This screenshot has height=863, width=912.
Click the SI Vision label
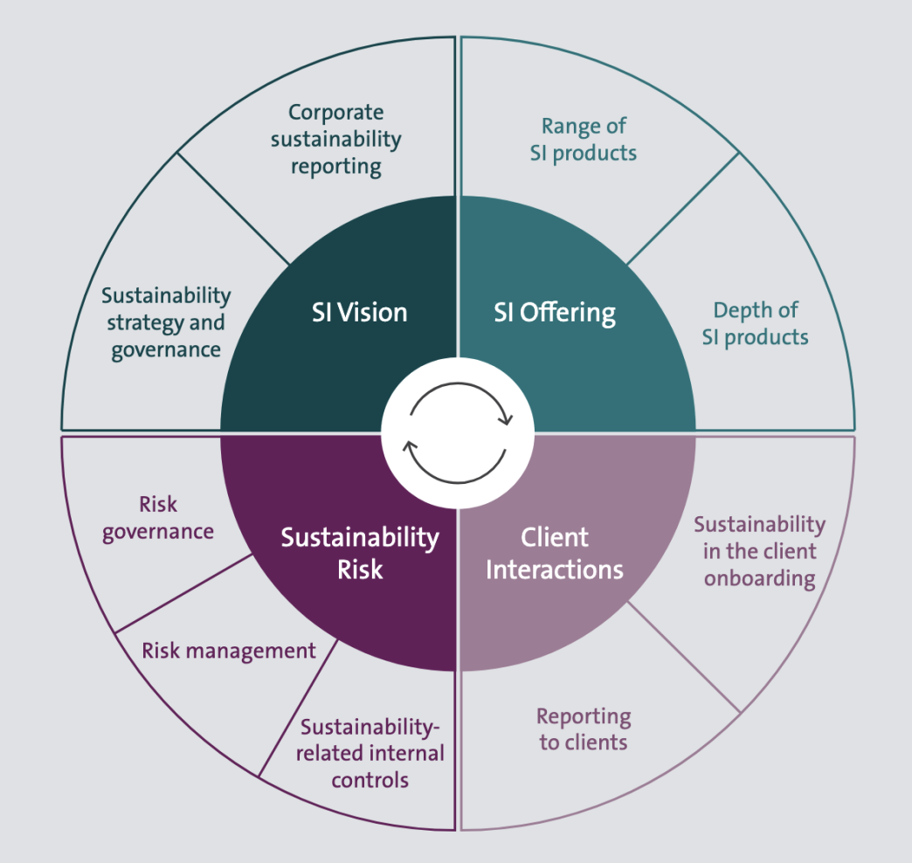click(359, 312)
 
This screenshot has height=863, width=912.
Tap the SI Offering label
click(555, 312)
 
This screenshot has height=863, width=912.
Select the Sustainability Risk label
click(359, 553)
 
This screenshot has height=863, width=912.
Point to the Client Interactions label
click(555, 553)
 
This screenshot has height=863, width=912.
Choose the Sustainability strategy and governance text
click(166, 322)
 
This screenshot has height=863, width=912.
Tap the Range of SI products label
click(584, 140)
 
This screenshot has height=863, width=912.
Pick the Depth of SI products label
click(756, 323)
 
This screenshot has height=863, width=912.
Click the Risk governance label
click(158, 517)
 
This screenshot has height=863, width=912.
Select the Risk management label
click(229, 650)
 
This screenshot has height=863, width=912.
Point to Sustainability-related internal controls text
click(370, 753)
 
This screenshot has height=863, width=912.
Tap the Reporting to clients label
click(584, 729)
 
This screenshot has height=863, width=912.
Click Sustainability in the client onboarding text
click(759, 551)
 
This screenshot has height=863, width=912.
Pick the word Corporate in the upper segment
click(336, 112)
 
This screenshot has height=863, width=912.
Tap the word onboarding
click(760, 578)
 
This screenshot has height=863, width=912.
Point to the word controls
click(370, 779)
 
